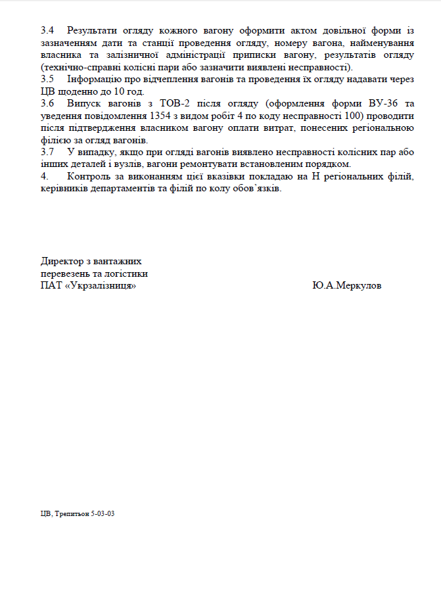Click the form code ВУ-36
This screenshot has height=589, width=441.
point(386,104)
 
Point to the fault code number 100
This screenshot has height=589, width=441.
point(353,116)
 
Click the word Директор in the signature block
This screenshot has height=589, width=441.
point(61,261)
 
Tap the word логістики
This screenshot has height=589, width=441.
point(124,273)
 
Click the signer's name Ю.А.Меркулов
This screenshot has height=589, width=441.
point(347,286)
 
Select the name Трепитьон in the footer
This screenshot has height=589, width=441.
point(71,513)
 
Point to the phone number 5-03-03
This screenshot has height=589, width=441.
point(103,513)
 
